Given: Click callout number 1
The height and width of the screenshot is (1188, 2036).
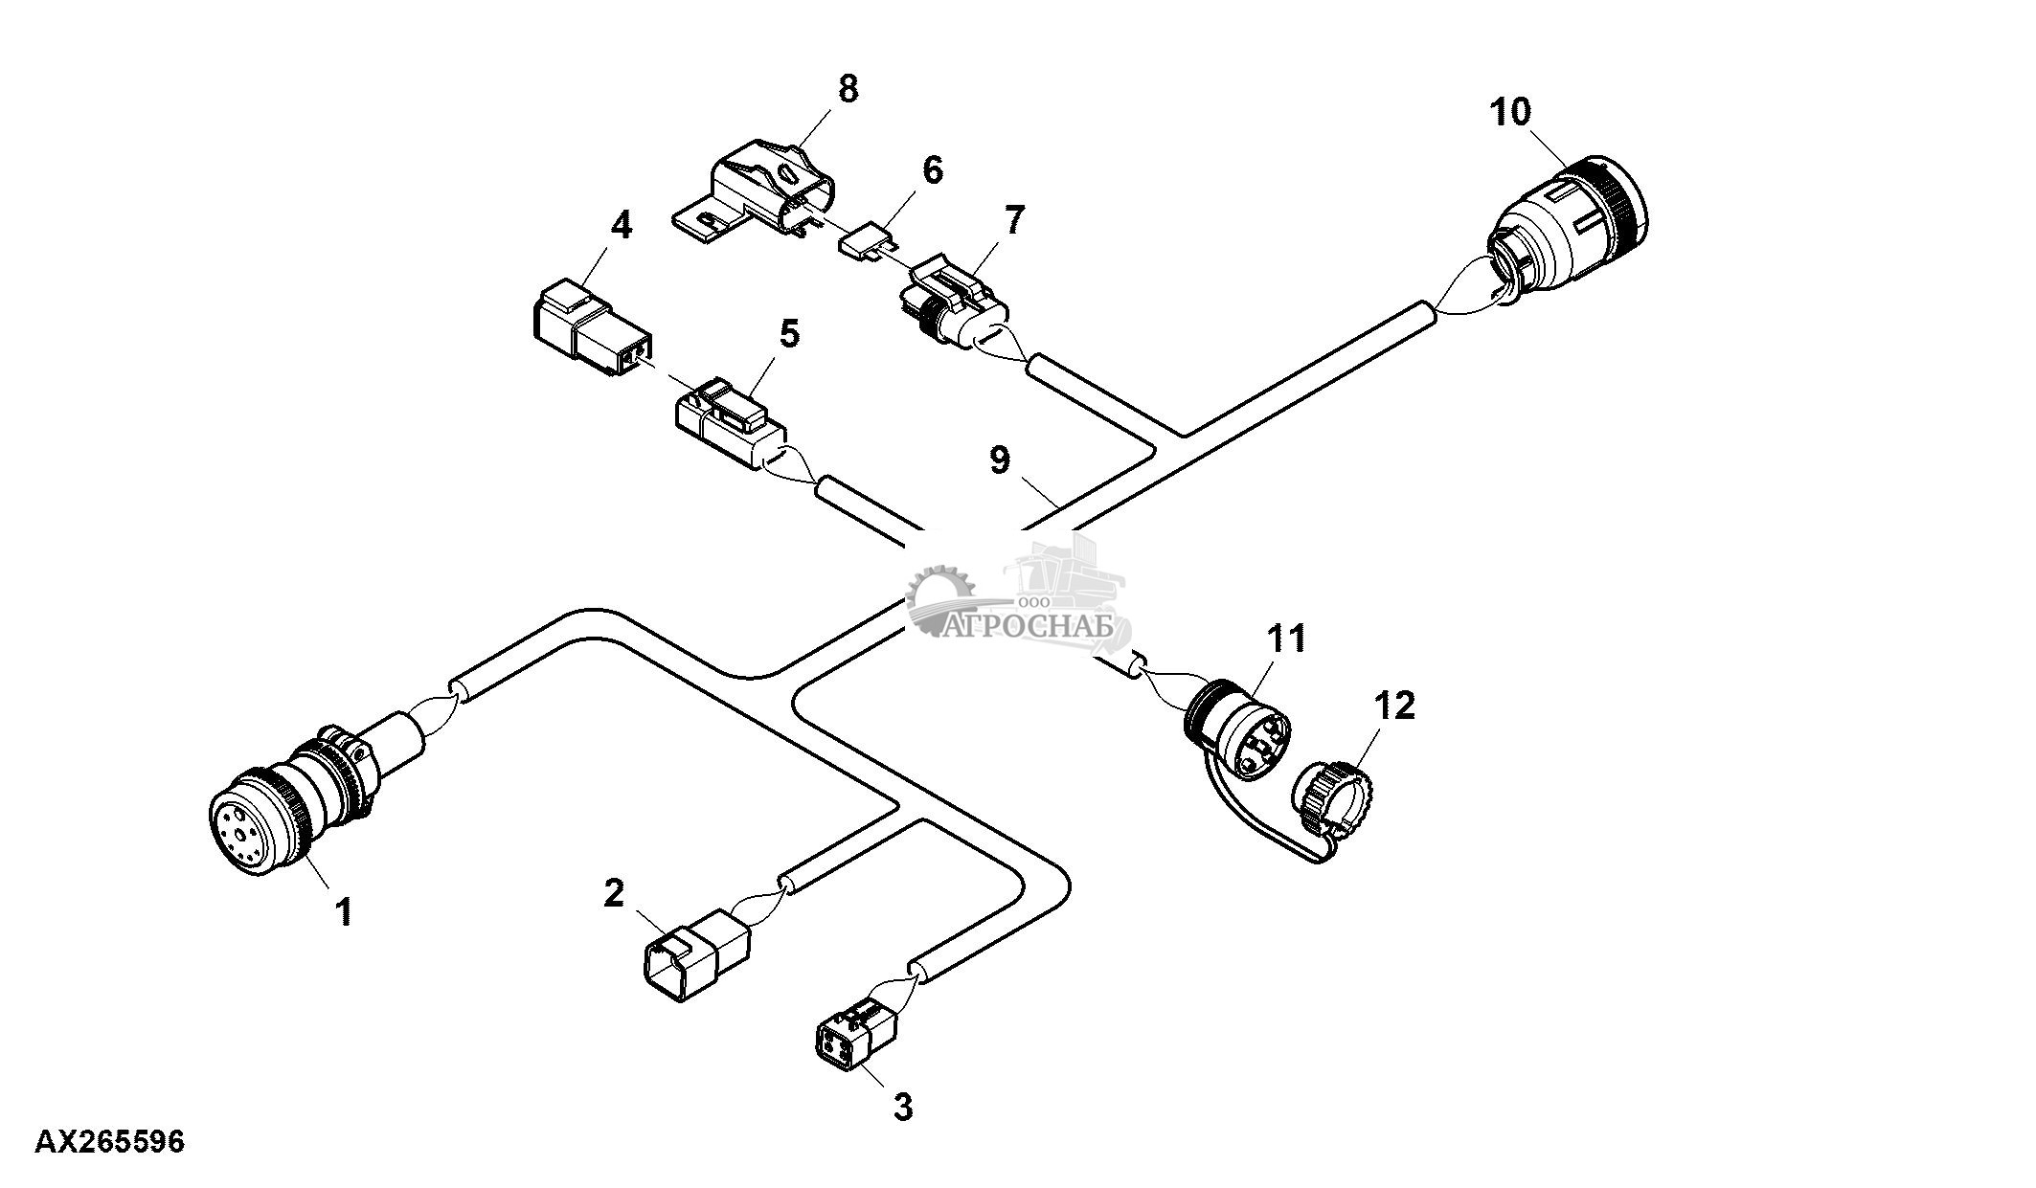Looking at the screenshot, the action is (343, 910).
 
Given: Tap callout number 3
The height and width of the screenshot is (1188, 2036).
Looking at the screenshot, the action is (902, 1107).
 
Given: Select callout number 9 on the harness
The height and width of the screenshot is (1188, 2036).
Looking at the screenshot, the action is (999, 460).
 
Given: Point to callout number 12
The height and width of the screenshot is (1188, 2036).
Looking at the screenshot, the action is (1393, 706).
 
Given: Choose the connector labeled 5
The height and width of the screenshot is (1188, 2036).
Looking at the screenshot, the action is (734, 426).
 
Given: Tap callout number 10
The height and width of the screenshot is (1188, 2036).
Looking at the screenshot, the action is (1509, 111).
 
